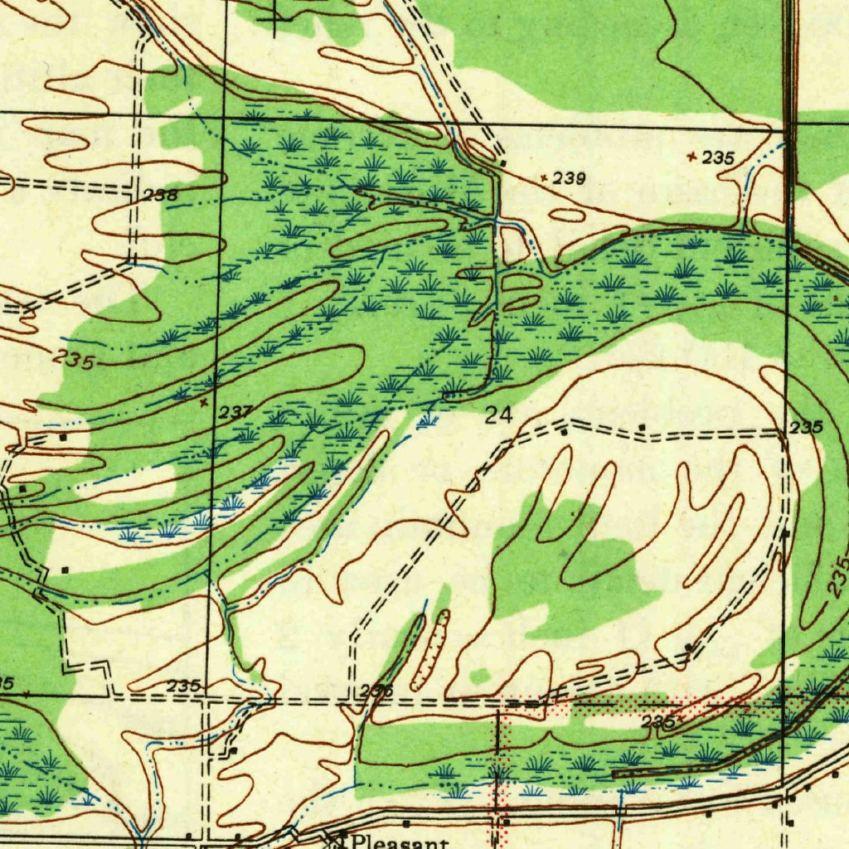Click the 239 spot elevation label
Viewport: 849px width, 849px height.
pos(570,178)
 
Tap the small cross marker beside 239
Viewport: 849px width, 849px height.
pos(543,177)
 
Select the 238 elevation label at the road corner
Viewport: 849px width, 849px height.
pos(160,196)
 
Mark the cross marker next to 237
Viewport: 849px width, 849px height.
pos(204,402)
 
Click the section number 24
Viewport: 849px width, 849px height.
pos(498,415)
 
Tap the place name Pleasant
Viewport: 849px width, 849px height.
pos(400,841)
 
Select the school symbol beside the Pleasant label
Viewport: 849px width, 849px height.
pos(340,837)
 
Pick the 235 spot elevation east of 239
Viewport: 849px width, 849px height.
pos(718,158)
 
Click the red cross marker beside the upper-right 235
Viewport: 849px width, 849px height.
pos(692,155)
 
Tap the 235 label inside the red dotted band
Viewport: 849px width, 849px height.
pos(659,723)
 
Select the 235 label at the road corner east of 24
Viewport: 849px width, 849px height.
pos(806,428)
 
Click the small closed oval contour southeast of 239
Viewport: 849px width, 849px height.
pos(567,216)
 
